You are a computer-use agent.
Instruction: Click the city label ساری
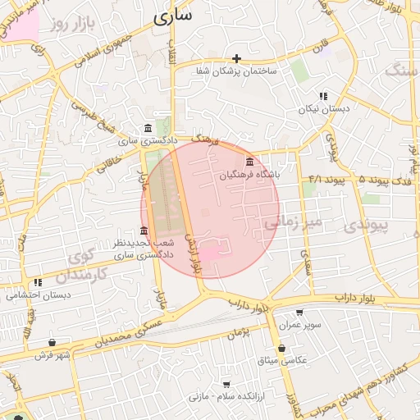click(x=172, y=15)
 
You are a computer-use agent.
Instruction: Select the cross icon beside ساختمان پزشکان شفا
click(x=237, y=58)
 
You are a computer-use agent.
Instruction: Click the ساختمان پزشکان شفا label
click(x=237, y=72)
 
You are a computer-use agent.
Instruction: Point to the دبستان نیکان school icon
click(x=323, y=95)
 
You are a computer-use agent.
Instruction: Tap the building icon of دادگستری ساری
click(x=147, y=128)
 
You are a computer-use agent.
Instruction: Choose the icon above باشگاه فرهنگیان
click(x=249, y=162)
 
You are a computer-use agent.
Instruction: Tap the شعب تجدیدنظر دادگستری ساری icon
click(x=144, y=231)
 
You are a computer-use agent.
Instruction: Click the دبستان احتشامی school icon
click(x=38, y=283)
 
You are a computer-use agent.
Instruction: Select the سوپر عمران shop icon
click(x=299, y=313)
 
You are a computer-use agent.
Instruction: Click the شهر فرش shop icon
click(x=52, y=343)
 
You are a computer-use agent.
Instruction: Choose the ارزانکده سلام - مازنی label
click(x=225, y=397)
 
